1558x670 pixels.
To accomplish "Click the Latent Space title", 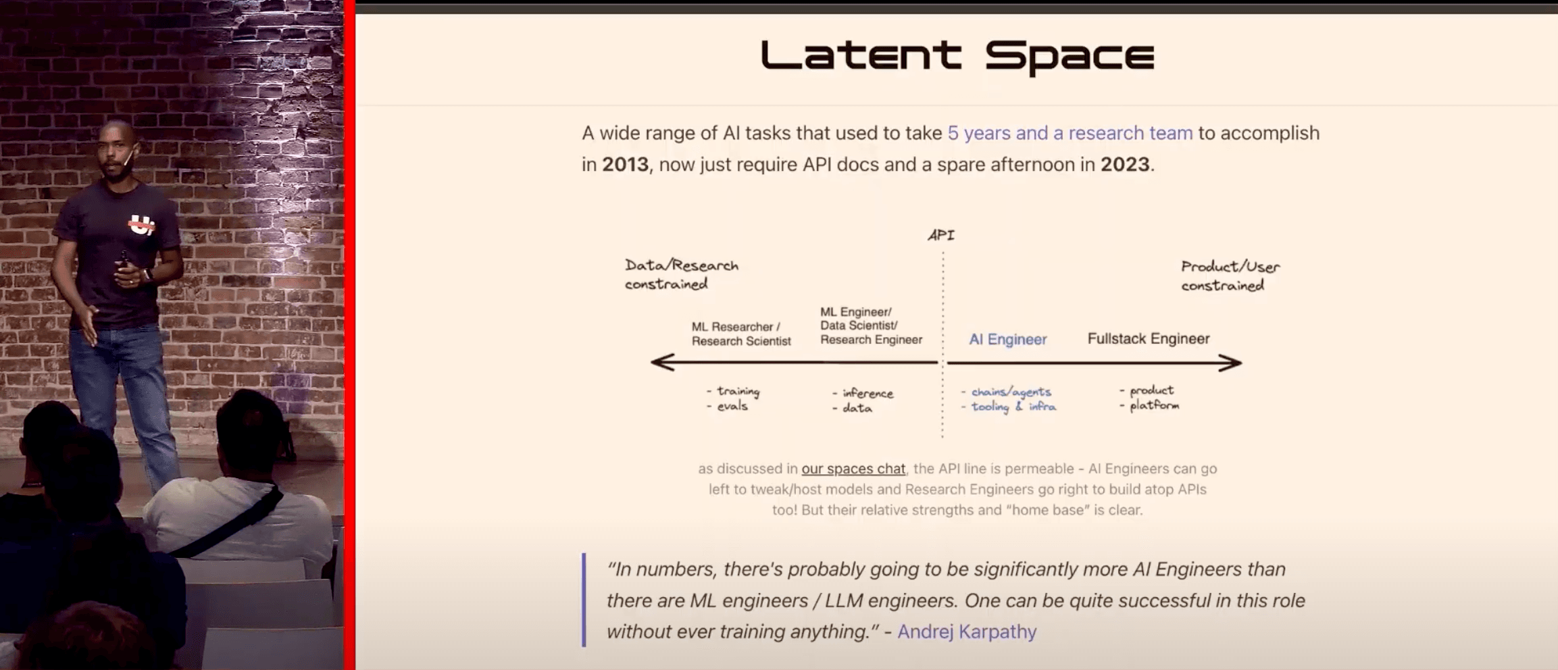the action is coord(957,55).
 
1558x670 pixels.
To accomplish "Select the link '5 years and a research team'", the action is coord(1070,133).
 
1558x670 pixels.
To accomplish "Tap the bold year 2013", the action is coord(625,165).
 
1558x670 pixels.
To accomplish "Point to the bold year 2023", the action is coord(1125,165).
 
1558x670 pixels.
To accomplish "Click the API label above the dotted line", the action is coord(941,235).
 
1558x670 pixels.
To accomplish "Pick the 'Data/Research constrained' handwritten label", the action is coord(682,274).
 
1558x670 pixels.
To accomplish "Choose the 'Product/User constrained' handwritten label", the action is coord(1230,276).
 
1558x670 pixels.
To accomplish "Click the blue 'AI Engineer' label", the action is coord(1008,339).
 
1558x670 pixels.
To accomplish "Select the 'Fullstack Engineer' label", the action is coord(1149,338).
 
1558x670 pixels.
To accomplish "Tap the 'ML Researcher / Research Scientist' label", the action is coord(741,334).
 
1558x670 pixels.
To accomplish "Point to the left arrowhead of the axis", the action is coord(662,362).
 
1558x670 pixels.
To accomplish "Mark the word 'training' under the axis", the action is coord(738,391).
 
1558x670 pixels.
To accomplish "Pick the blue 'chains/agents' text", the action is coord(1011,392).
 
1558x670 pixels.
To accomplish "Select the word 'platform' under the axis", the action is coord(1154,405).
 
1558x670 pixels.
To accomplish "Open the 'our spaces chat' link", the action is coord(853,469).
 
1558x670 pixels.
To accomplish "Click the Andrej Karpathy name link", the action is coord(967,632).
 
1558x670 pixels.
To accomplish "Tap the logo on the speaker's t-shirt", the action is coord(141,225).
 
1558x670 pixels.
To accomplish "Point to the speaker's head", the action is coord(116,149).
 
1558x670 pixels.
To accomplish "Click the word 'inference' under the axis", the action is coord(868,393).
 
